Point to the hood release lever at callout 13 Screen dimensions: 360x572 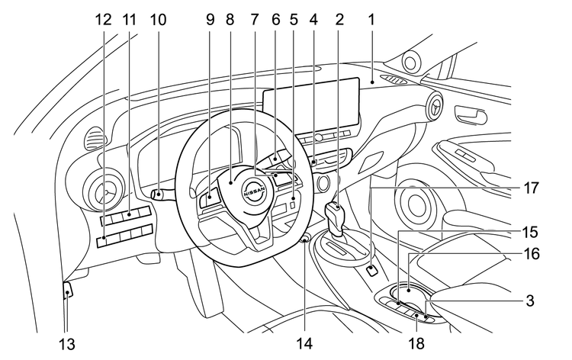click(x=67, y=291)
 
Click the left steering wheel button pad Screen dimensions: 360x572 click(x=209, y=202)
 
